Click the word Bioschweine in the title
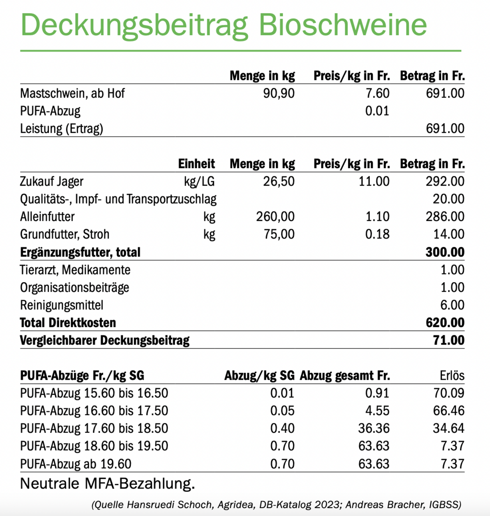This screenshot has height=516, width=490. click(342, 25)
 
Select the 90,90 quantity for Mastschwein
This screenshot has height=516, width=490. click(279, 93)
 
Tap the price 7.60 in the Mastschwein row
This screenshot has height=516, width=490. click(377, 93)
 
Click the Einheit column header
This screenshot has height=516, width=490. click(196, 164)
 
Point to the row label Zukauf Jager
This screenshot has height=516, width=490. click(51, 181)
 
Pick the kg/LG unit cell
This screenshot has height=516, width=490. click(199, 181)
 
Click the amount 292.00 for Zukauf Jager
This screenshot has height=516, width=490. click(445, 181)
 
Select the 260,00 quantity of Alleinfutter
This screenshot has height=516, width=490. click(275, 217)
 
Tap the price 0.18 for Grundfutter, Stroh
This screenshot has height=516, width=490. click(377, 234)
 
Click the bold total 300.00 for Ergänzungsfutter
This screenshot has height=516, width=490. click(445, 252)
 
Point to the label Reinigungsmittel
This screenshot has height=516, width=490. click(62, 305)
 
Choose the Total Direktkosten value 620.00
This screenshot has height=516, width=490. click(445, 323)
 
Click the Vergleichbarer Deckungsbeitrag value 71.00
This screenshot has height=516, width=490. click(448, 340)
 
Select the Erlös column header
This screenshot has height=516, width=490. click(452, 375)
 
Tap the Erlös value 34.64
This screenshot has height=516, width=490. click(448, 428)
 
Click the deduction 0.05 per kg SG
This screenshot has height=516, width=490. click(282, 411)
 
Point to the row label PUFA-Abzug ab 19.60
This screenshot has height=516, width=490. click(76, 464)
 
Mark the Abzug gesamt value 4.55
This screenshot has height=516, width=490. click(377, 411)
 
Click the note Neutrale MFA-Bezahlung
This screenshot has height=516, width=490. click(107, 484)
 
